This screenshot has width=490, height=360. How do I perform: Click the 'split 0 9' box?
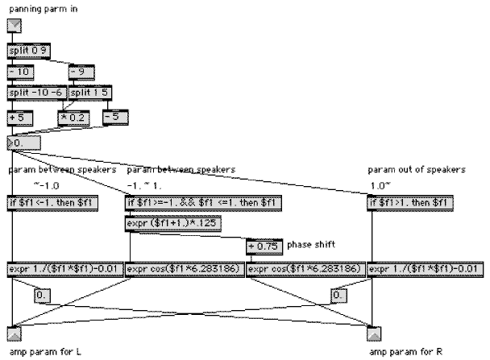27,51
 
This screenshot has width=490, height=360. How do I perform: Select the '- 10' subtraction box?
20,72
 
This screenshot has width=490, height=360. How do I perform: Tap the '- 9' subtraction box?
81,72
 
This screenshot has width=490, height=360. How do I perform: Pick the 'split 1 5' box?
89,93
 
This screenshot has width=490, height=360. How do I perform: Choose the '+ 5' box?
20,118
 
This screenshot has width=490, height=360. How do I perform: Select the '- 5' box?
116,118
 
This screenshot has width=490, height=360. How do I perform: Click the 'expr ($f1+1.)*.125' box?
173,224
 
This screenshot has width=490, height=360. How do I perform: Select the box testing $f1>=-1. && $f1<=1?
203,203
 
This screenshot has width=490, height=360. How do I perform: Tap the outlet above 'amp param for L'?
14,333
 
